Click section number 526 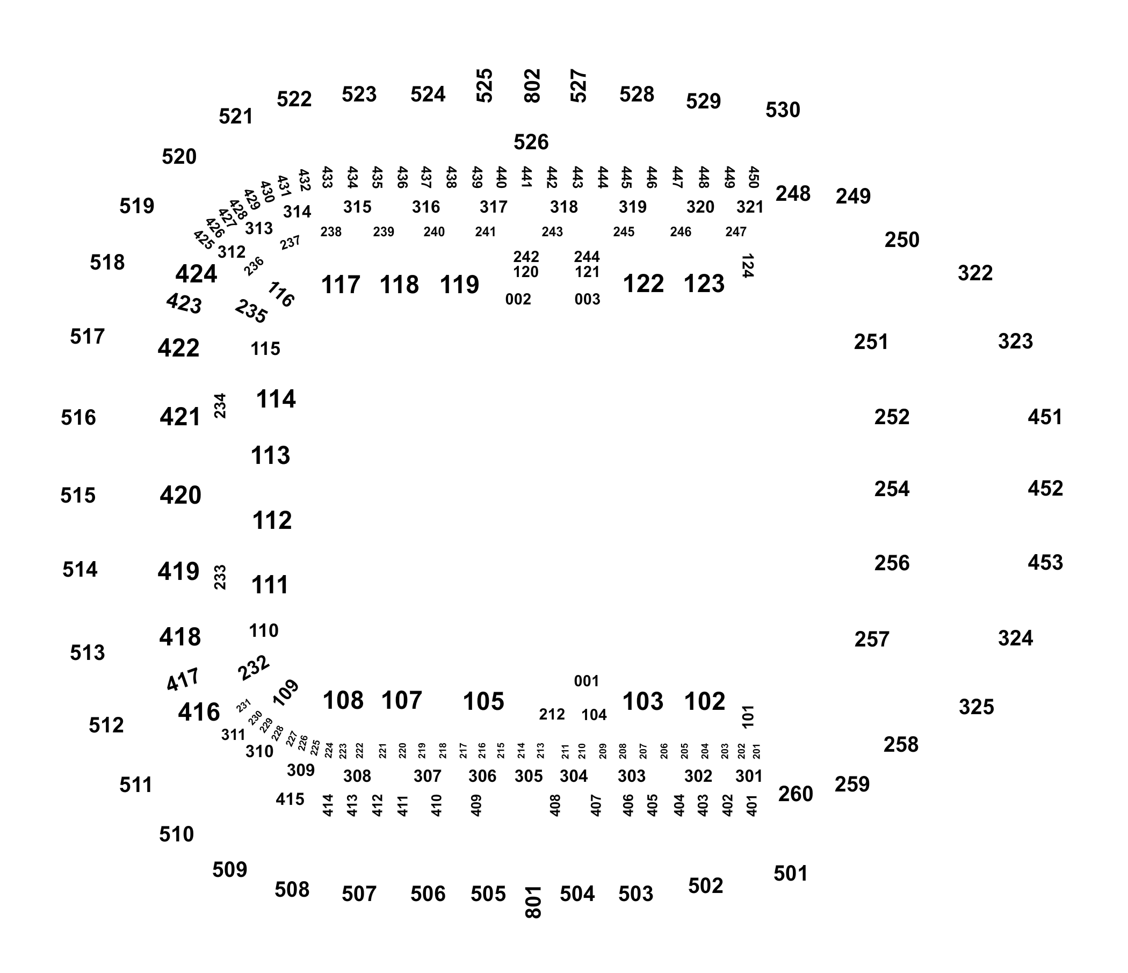(x=531, y=143)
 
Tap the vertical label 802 (x=532, y=85)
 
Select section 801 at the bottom (x=533, y=902)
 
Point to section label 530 (x=783, y=111)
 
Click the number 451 (x=1045, y=417)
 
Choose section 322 (x=975, y=273)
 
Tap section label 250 (x=902, y=240)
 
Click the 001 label (x=587, y=681)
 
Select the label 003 (x=588, y=299)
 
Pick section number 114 (x=276, y=400)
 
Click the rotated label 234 (x=220, y=406)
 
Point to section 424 (x=196, y=274)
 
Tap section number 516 (x=78, y=418)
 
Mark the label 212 (x=552, y=715)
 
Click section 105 (x=483, y=701)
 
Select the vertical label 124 (x=748, y=266)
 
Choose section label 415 (x=290, y=800)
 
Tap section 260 (x=796, y=795)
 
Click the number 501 (x=791, y=874)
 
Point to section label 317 (x=493, y=207)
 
